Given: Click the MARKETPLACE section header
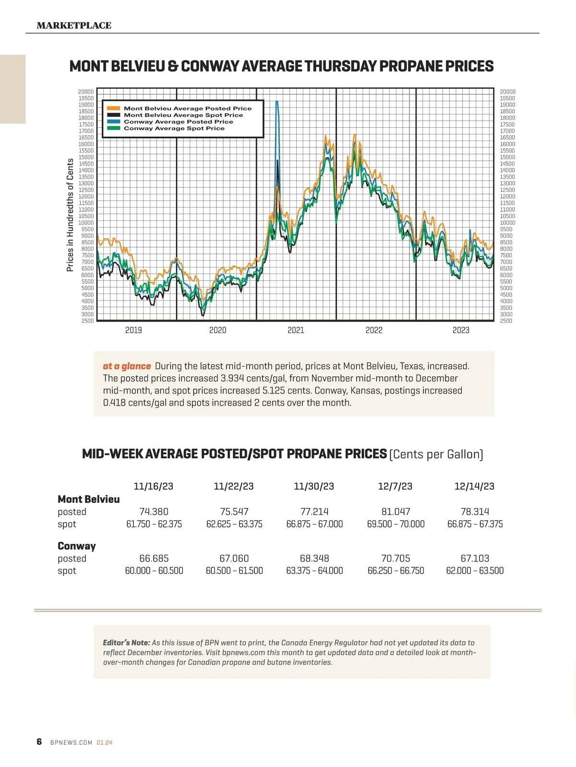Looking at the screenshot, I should point(74,25).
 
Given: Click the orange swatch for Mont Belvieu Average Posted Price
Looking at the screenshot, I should point(113,108).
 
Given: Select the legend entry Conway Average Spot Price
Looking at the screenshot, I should point(174,129).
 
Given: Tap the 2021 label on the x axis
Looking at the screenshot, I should point(296,330).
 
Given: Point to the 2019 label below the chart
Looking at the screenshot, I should point(133,330).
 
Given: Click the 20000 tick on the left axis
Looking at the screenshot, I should point(86,92).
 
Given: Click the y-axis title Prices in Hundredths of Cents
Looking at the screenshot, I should point(70,215).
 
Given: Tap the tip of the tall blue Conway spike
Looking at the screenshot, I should point(276,102).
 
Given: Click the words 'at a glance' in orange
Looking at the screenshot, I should point(127,366).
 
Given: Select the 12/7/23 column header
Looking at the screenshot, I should point(395,486).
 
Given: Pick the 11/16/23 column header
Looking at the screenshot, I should point(154,486).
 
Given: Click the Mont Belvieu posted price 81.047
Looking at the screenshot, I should point(396,512).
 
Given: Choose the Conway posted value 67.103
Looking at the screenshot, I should point(475,558).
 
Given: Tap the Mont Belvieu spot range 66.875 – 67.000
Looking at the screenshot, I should point(314,524).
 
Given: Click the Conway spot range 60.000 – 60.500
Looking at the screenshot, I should point(154,571).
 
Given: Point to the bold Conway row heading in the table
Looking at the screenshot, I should point(77,546).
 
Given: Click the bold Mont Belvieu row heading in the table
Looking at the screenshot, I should point(89,499).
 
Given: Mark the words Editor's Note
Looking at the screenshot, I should point(126,643).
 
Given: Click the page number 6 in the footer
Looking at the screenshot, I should point(39,742).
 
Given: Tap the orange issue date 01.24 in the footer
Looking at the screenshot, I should point(105,743).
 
